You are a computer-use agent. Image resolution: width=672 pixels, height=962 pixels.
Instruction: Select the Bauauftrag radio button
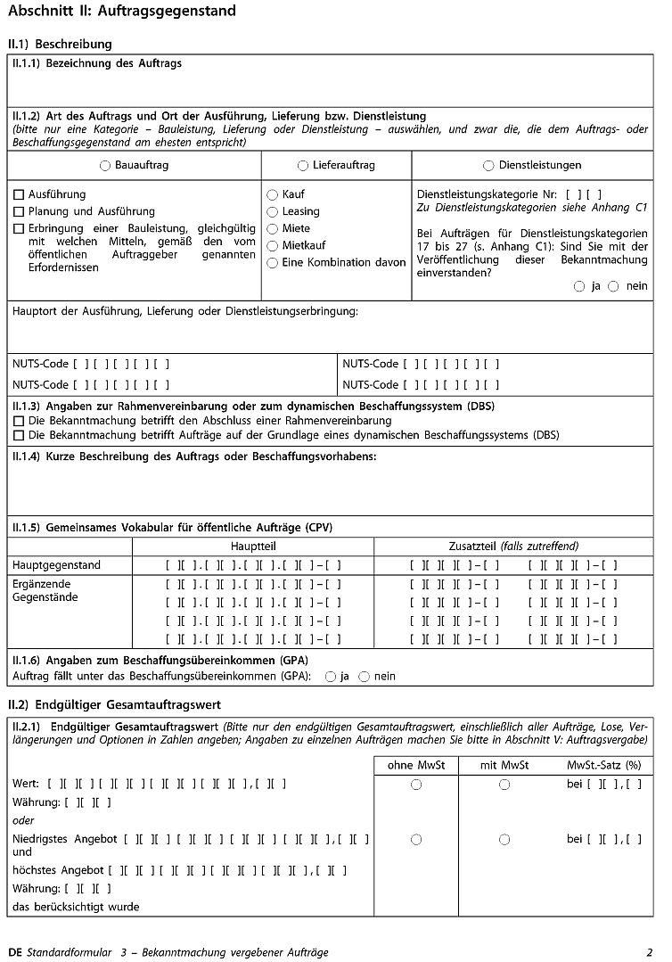(106, 166)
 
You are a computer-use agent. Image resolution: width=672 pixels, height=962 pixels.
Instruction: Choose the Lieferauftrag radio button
(303, 166)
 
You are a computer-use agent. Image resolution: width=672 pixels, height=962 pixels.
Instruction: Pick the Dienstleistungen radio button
(488, 166)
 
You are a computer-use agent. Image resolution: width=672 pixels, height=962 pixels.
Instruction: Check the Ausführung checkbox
(19, 194)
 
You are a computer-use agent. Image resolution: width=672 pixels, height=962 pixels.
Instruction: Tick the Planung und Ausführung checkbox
(19, 211)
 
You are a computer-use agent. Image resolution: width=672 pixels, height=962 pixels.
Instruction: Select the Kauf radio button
(273, 194)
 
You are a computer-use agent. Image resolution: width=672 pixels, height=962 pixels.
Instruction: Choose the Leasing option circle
(273, 211)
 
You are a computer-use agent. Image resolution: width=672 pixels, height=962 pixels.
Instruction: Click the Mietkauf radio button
(273, 245)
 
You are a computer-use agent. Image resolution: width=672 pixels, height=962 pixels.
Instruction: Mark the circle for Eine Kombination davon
(273, 263)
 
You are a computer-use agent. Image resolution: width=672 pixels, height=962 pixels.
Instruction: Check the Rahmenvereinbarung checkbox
(19, 421)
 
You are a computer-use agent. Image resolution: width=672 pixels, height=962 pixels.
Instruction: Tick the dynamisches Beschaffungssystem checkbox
(19, 435)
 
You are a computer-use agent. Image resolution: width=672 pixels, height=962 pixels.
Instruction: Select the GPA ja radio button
(331, 677)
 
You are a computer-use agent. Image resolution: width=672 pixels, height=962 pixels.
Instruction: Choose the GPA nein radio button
(364, 677)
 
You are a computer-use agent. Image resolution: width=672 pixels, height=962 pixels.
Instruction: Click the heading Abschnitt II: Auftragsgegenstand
(121, 12)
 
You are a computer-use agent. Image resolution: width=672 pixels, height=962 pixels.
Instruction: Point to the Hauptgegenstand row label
(56, 564)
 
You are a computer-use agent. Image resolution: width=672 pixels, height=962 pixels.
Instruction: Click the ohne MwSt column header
(416, 765)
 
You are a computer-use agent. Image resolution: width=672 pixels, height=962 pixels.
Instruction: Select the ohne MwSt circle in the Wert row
(416, 785)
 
